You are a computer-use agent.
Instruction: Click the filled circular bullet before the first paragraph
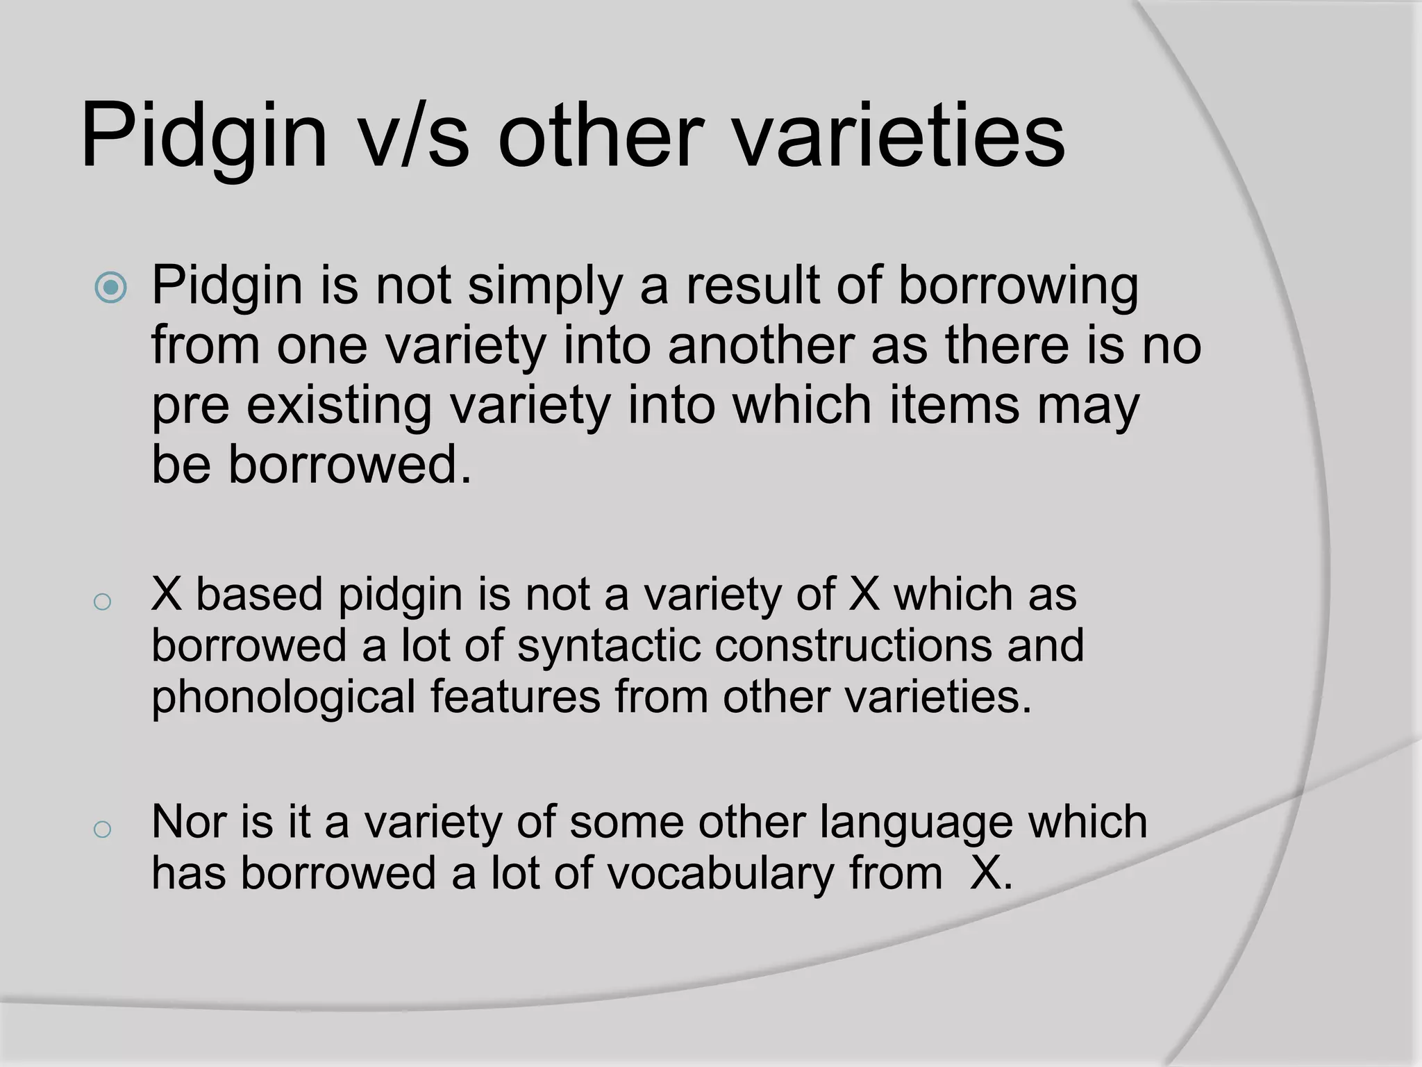pyautogui.click(x=111, y=288)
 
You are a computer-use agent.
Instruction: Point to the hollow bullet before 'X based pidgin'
pyautogui.click(x=102, y=602)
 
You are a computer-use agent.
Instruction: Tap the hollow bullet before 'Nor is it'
pyautogui.click(x=102, y=829)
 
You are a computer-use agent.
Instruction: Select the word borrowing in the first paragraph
pyautogui.click(x=1018, y=286)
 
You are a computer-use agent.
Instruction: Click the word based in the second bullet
pyautogui.click(x=260, y=595)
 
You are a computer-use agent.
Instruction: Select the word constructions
pyautogui.click(x=853, y=645)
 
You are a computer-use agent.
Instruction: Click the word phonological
pyautogui.click(x=283, y=697)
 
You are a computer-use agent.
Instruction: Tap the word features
pyautogui.click(x=515, y=697)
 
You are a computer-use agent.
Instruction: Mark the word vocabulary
pyautogui.click(x=720, y=874)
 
